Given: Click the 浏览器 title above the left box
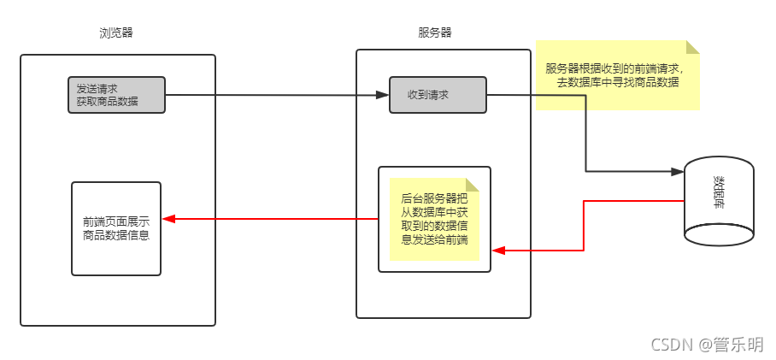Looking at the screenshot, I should tap(115, 33).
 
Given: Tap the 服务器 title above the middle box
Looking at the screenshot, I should tap(434, 33).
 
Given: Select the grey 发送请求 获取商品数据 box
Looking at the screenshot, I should tap(116, 95).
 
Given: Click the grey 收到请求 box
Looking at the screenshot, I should tap(438, 95).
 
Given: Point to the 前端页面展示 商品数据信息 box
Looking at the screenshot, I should tap(116, 228).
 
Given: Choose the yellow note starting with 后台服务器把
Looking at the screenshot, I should tap(434, 219).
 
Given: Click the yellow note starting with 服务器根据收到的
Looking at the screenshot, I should tap(617, 75).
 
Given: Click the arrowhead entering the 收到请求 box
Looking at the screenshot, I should tap(383, 95).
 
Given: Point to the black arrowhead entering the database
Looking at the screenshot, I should tap(678, 172).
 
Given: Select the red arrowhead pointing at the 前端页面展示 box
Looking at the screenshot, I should tap(168, 219).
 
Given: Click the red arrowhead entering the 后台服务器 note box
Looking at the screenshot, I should tap(499, 251).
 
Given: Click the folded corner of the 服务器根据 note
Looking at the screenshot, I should tap(692, 46).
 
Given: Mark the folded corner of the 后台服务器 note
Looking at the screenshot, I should tap(473, 184).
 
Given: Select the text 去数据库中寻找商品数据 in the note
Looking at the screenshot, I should tap(617, 83).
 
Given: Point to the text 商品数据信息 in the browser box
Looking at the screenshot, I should tap(116, 235).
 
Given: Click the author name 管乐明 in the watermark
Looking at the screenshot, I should tap(739, 345).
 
